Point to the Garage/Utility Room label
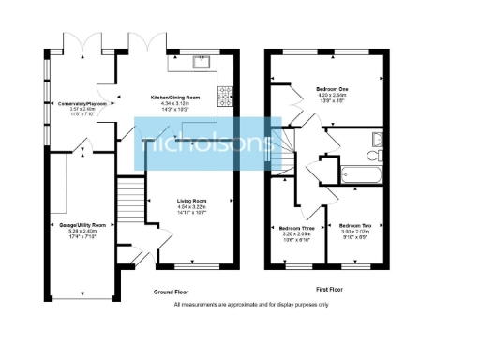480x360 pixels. pos(84,226)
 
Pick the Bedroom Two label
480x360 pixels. pos(355,226)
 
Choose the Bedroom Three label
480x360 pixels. pos(296,227)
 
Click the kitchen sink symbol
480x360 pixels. pos(200,64)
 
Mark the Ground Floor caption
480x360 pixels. pos(172,292)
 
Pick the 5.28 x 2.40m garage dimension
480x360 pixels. pos(84,232)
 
